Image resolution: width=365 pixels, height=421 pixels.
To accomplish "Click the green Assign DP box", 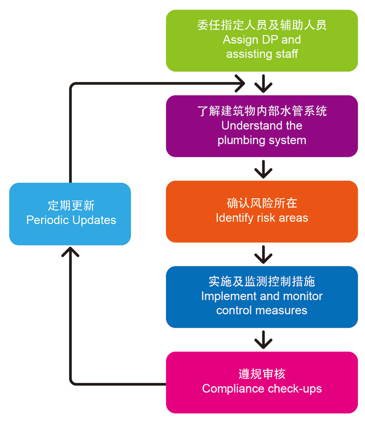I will pyautogui.click(x=262, y=40).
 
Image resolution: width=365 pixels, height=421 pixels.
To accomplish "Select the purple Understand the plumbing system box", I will pyautogui.click(x=262, y=126).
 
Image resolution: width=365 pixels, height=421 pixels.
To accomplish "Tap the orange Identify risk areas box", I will pyautogui.click(x=262, y=212).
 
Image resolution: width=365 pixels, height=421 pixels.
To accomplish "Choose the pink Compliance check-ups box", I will pyautogui.click(x=262, y=382).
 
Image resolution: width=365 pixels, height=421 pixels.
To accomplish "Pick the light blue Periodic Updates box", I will pyautogui.click(x=70, y=214).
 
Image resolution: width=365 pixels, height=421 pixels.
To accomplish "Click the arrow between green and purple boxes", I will pyautogui.click(x=263, y=84).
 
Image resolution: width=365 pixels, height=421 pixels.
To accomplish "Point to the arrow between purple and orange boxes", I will pyautogui.click(x=263, y=169).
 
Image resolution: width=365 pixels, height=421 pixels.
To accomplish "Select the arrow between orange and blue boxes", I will pyautogui.click(x=263, y=255).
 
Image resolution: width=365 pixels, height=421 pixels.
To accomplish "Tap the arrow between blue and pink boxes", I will pyautogui.click(x=263, y=340).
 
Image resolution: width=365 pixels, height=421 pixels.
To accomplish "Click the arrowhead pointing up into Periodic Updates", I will pyautogui.click(x=70, y=252).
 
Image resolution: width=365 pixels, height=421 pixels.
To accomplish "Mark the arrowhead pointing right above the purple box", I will pyautogui.click(x=240, y=84).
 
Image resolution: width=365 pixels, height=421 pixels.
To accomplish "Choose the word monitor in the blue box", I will pyautogui.click(x=301, y=296).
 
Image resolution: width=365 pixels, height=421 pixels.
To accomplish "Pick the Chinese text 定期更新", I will pyautogui.click(x=71, y=206).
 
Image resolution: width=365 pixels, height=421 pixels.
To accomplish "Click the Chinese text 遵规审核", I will pyautogui.click(x=262, y=374).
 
